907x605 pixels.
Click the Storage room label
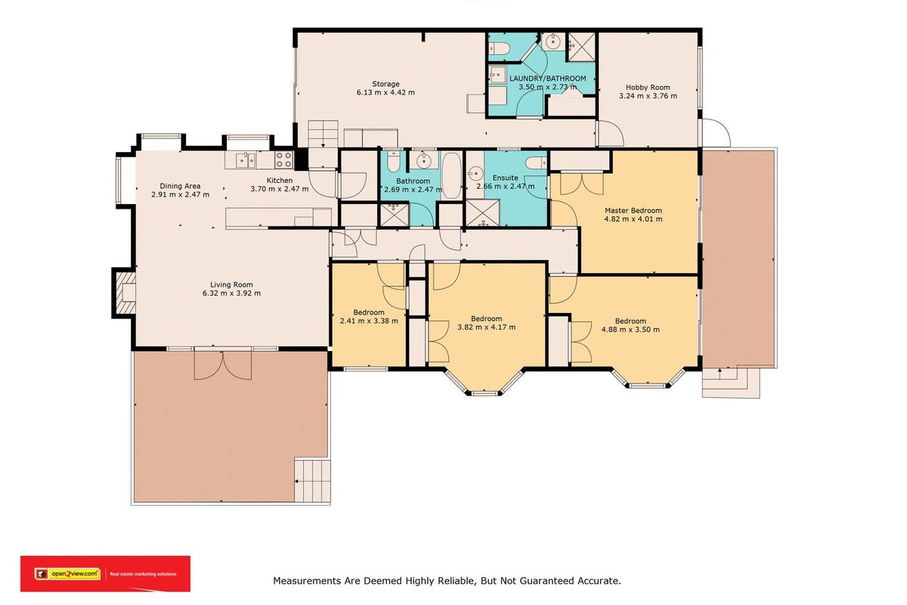point(385,84)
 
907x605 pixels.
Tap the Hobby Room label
point(648,87)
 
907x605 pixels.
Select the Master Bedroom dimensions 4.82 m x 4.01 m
point(633,219)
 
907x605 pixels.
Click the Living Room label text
point(231,285)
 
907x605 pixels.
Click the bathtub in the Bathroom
point(451,175)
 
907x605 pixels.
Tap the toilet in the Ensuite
point(537,163)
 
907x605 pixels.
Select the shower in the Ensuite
point(483,213)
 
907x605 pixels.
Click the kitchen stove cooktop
point(283,160)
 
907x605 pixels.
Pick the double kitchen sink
point(246,160)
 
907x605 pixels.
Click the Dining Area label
point(180,186)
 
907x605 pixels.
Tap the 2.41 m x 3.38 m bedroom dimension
point(369,321)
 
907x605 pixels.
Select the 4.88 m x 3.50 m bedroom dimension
point(630,330)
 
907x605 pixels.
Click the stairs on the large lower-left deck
point(311,480)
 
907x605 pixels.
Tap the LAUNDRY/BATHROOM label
point(547,78)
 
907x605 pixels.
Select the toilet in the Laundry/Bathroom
point(498,48)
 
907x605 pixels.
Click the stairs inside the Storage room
point(323,134)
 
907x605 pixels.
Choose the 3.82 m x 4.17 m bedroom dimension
point(486,327)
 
